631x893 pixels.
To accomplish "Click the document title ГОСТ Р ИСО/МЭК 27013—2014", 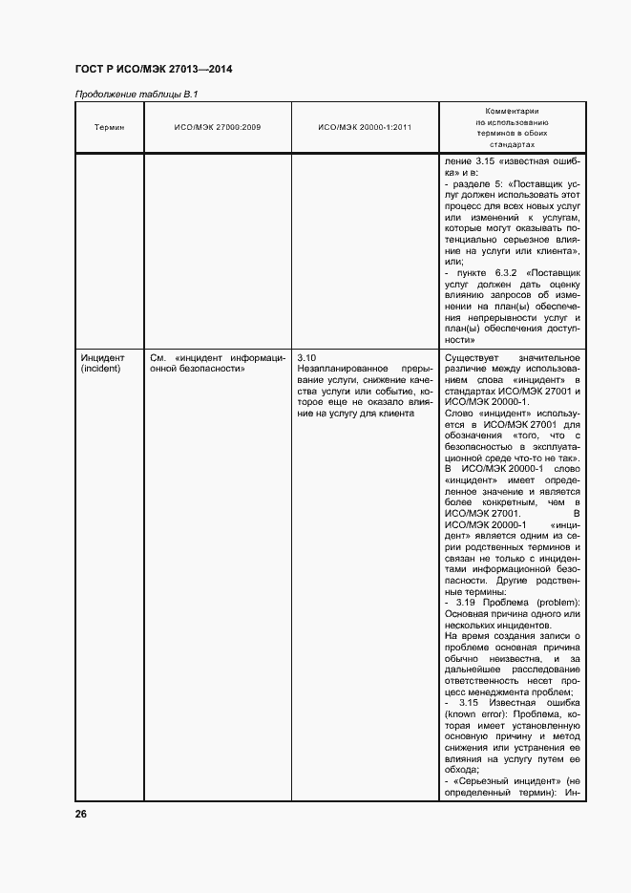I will (x=154, y=70).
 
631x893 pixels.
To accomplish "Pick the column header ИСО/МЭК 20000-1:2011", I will (x=365, y=128).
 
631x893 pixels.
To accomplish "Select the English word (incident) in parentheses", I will (x=100, y=369).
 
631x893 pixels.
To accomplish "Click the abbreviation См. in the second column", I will (x=159, y=358).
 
